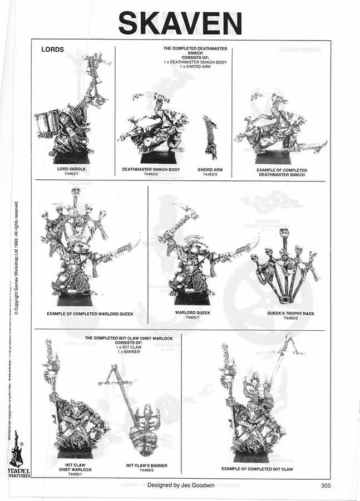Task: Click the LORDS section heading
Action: click(53, 50)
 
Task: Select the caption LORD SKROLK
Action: click(73, 169)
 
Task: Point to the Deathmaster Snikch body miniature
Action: click(153, 125)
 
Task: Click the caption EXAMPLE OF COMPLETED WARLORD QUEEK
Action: click(90, 314)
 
